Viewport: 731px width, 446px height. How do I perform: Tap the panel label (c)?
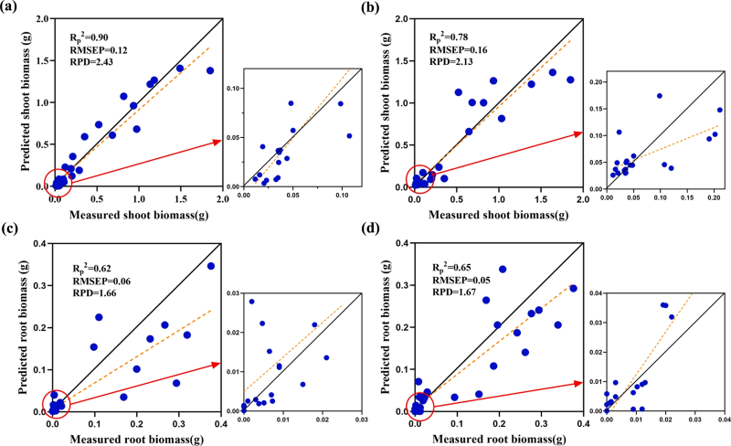coord(11,229)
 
